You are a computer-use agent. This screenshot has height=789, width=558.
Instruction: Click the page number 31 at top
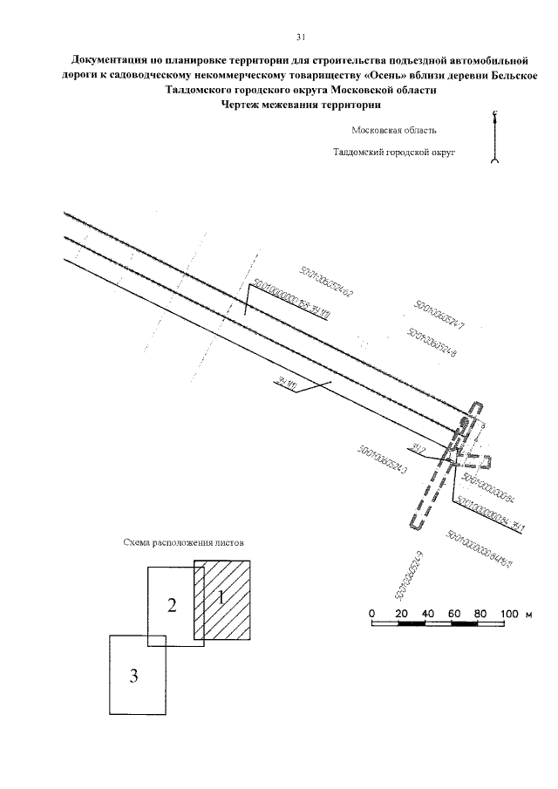tap(300, 37)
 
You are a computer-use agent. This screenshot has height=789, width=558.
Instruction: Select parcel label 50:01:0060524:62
tap(326, 281)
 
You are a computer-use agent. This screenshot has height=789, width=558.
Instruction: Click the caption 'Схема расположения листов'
tap(183, 542)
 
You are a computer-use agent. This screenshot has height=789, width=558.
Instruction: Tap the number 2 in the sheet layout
tap(173, 605)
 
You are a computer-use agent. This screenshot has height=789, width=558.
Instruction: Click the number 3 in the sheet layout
tap(134, 676)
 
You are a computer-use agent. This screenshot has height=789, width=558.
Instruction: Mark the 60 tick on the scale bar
tap(453, 615)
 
